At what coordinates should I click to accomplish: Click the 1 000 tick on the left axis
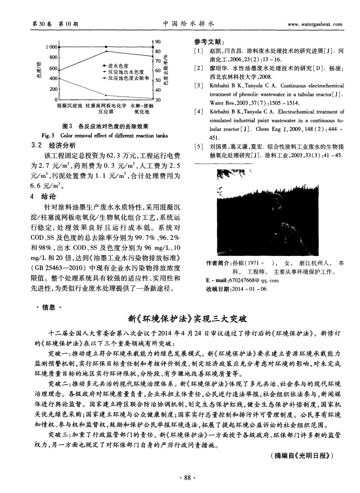[50, 47]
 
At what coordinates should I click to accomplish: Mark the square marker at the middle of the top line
[106, 47]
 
